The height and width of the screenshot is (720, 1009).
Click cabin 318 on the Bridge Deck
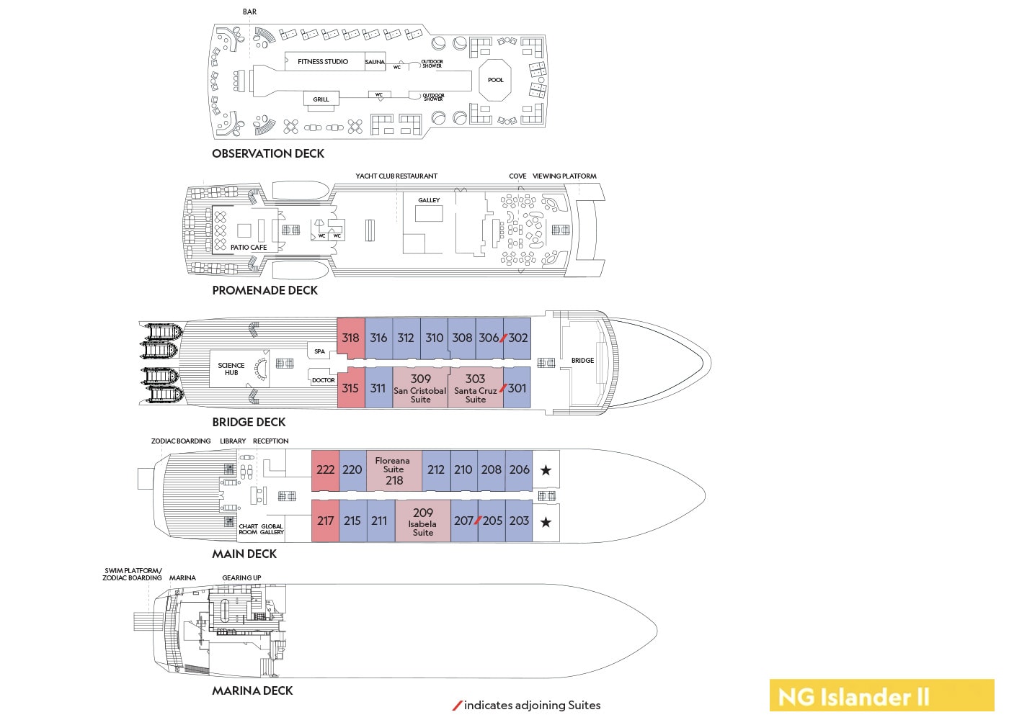tap(351, 338)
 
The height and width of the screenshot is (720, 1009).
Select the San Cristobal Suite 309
tap(420, 388)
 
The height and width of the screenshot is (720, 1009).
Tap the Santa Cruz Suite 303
tap(475, 388)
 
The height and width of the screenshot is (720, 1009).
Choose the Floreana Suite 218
tap(394, 470)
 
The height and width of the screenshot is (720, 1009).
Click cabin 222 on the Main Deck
tap(325, 469)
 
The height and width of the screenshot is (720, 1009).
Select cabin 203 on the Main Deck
tap(519, 521)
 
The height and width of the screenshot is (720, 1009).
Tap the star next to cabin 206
tap(546, 470)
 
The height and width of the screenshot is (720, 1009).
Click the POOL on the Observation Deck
tap(496, 80)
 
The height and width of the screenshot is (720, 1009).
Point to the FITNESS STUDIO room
tap(323, 62)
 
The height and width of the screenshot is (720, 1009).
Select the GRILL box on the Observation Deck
tap(321, 99)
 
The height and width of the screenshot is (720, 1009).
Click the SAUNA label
tap(375, 62)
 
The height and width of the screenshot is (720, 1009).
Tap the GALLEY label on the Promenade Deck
tap(429, 200)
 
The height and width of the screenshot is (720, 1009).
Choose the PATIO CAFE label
tap(249, 247)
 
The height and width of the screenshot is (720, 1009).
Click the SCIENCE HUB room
tap(231, 369)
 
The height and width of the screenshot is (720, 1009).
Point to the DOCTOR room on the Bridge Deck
tap(323, 380)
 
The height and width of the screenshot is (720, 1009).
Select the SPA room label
tap(319, 351)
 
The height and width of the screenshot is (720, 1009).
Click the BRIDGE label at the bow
tap(582, 361)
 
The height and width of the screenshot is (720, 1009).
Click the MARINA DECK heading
tap(252, 690)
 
